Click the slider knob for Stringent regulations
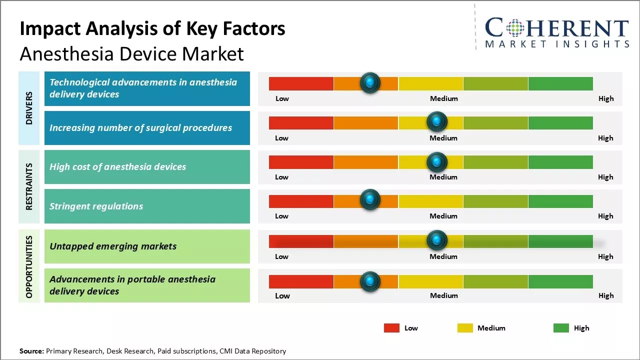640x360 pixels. [370, 200]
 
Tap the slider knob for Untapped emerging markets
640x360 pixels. [437, 240]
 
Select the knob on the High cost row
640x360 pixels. [437, 162]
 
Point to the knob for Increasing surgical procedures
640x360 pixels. [437, 121]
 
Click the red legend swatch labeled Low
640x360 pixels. [391, 328]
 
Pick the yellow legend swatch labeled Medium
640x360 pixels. [465, 328]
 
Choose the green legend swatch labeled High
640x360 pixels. [561, 328]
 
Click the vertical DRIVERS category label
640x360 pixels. [29, 108]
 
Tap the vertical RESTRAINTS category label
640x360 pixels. [29, 186]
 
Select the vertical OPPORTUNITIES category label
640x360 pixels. [29, 266]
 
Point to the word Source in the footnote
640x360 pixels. [31, 351]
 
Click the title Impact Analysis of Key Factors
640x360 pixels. [152, 29]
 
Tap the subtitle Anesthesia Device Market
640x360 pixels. [131, 53]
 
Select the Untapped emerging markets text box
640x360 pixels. [147, 246]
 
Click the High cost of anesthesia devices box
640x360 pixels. [147, 167]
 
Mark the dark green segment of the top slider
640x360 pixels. [560, 83]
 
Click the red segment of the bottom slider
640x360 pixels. [301, 281]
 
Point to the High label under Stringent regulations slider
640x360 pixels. [605, 216]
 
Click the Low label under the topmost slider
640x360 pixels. [282, 98]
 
